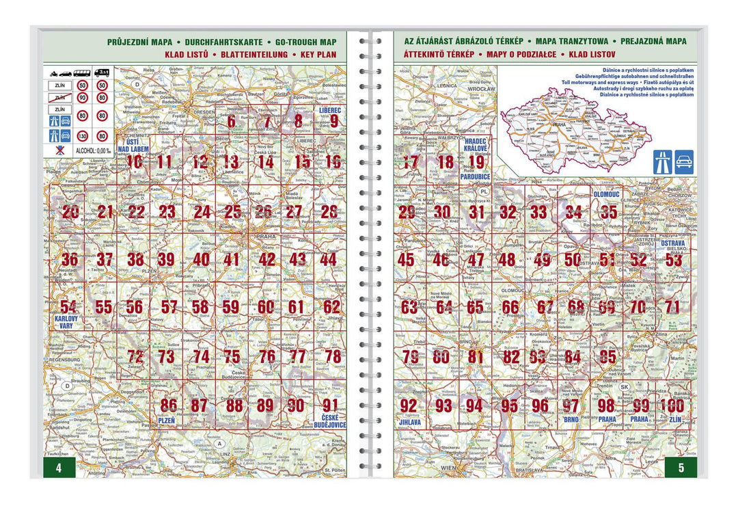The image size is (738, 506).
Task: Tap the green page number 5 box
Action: [x=680, y=468]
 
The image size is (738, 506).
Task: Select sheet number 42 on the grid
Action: [x=267, y=260]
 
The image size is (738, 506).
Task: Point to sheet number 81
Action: [x=476, y=356]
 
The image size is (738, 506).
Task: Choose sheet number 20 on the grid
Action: [x=70, y=212]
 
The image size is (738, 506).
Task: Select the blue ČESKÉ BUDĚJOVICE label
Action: [x=331, y=421]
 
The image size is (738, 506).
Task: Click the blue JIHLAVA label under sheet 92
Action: [x=411, y=423]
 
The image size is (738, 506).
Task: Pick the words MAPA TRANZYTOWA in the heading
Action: [x=575, y=42]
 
